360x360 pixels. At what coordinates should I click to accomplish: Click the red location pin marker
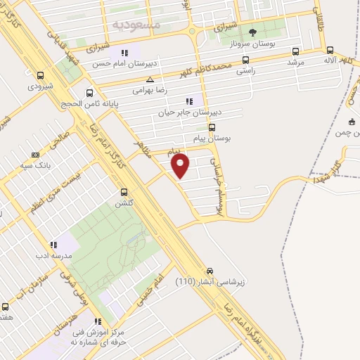pyautogui.click(x=181, y=166)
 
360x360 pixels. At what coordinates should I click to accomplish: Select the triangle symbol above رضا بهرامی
pyautogui.click(x=150, y=81)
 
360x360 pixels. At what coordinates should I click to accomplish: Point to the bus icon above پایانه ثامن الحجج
pyautogui.click(x=89, y=93)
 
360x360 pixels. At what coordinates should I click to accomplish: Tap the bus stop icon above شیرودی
pyautogui.click(x=40, y=76)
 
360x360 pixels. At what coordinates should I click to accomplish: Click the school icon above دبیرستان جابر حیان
pyautogui.click(x=188, y=101)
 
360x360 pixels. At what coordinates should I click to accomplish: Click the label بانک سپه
pyautogui.click(x=33, y=166)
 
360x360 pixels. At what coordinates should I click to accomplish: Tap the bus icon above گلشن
pyautogui.click(x=124, y=191)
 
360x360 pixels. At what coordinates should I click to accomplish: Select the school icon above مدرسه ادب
pyautogui.click(x=53, y=245)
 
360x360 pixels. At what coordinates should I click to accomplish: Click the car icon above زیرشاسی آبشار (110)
pyautogui.click(x=210, y=271)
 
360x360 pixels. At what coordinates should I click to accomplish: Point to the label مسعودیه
pyautogui.click(x=136, y=25)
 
